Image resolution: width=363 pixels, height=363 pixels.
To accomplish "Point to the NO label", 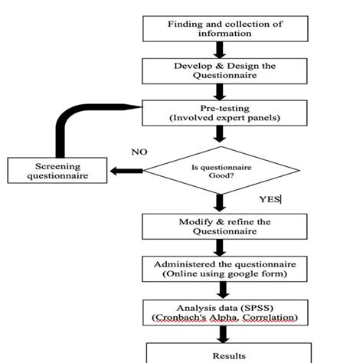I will point(139,152).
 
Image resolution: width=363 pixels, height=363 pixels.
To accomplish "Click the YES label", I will point(270,199).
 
